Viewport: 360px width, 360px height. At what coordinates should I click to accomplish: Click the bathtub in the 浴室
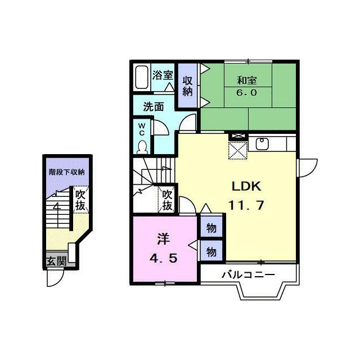click(141, 78)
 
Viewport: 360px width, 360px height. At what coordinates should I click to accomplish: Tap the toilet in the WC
click(142, 147)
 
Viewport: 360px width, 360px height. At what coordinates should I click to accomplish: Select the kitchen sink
click(262, 144)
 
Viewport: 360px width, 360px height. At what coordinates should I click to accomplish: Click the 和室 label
click(247, 80)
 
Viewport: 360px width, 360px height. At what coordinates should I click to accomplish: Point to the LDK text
click(246, 186)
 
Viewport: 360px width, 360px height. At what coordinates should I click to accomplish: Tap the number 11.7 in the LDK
click(246, 205)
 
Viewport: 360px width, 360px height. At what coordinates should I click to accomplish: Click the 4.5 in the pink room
click(163, 259)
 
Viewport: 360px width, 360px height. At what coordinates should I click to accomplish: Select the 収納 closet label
click(187, 86)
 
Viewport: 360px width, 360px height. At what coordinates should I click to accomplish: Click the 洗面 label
click(154, 107)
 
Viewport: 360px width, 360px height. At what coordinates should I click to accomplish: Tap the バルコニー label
click(248, 274)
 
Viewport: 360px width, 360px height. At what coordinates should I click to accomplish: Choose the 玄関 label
click(56, 261)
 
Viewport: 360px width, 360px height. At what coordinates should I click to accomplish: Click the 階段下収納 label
click(67, 172)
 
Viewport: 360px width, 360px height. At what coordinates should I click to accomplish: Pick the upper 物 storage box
click(211, 228)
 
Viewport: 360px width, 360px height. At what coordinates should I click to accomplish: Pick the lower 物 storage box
click(211, 251)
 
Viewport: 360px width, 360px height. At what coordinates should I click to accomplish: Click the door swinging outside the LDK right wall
click(307, 168)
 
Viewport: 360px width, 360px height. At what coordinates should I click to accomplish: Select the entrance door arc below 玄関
click(55, 278)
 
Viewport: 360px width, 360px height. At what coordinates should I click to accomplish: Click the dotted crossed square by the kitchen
click(238, 150)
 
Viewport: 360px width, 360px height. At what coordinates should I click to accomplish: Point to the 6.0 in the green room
click(246, 92)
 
